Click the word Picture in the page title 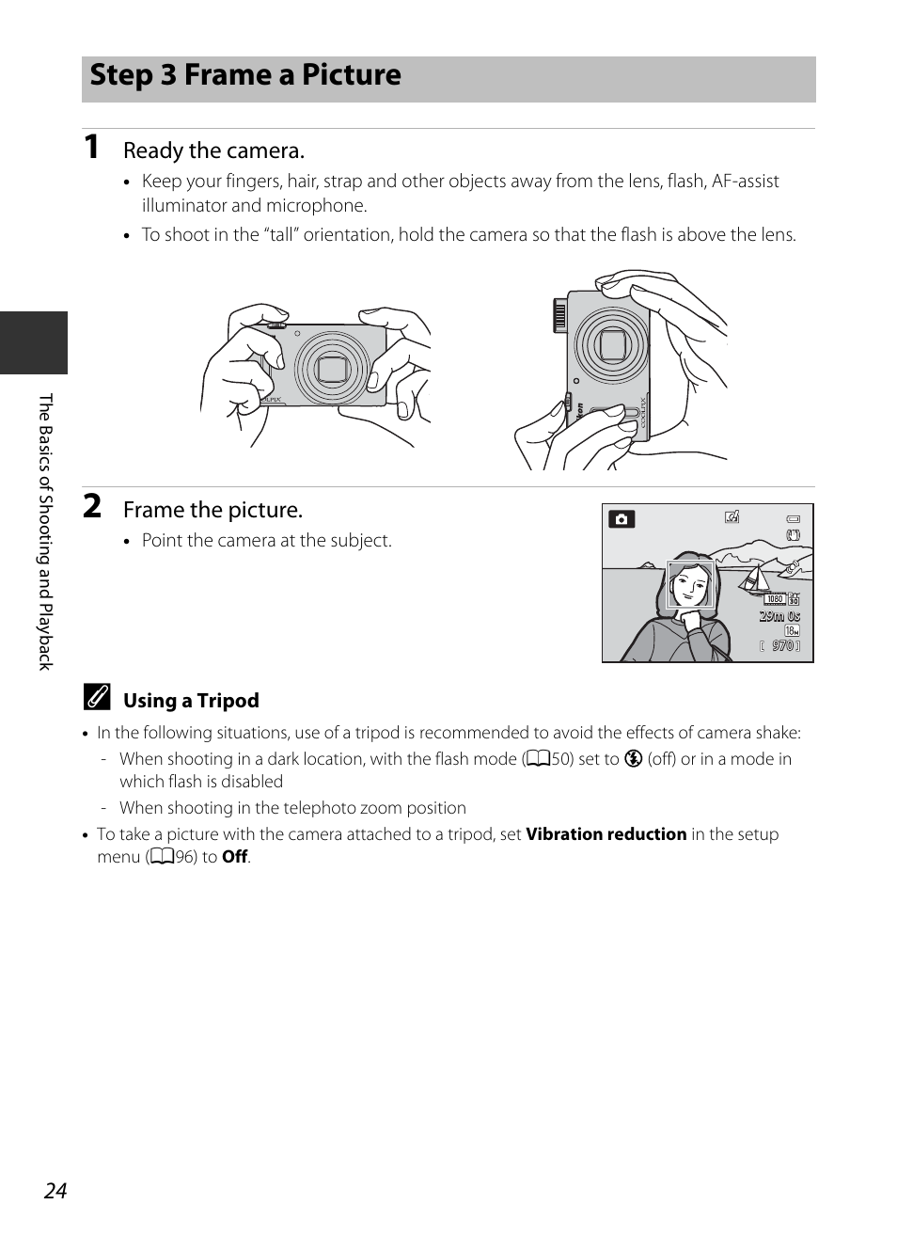[x=340, y=75]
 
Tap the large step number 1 [x=91, y=147]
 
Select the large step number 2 [x=92, y=506]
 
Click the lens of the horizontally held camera [x=332, y=369]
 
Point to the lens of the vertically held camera [x=612, y=345]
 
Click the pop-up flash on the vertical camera [x=561, y=314]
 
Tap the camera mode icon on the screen [x=622, y=518]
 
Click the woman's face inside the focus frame [x=691, y=587]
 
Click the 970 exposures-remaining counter [x=781, y=646]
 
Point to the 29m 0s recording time [x=780, y=616]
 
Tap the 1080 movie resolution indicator [x=775, y=599]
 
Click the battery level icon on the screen [x=793, y=518]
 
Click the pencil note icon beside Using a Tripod [x=97, y=699]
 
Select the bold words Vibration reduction [x=606, y=834]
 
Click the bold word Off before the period [x=234, y=857]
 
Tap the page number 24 [x=55, y=1191]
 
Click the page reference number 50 [x=561, y=759]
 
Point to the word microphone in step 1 [x=320, y=206]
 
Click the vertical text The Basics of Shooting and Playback [x=45, y=531]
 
